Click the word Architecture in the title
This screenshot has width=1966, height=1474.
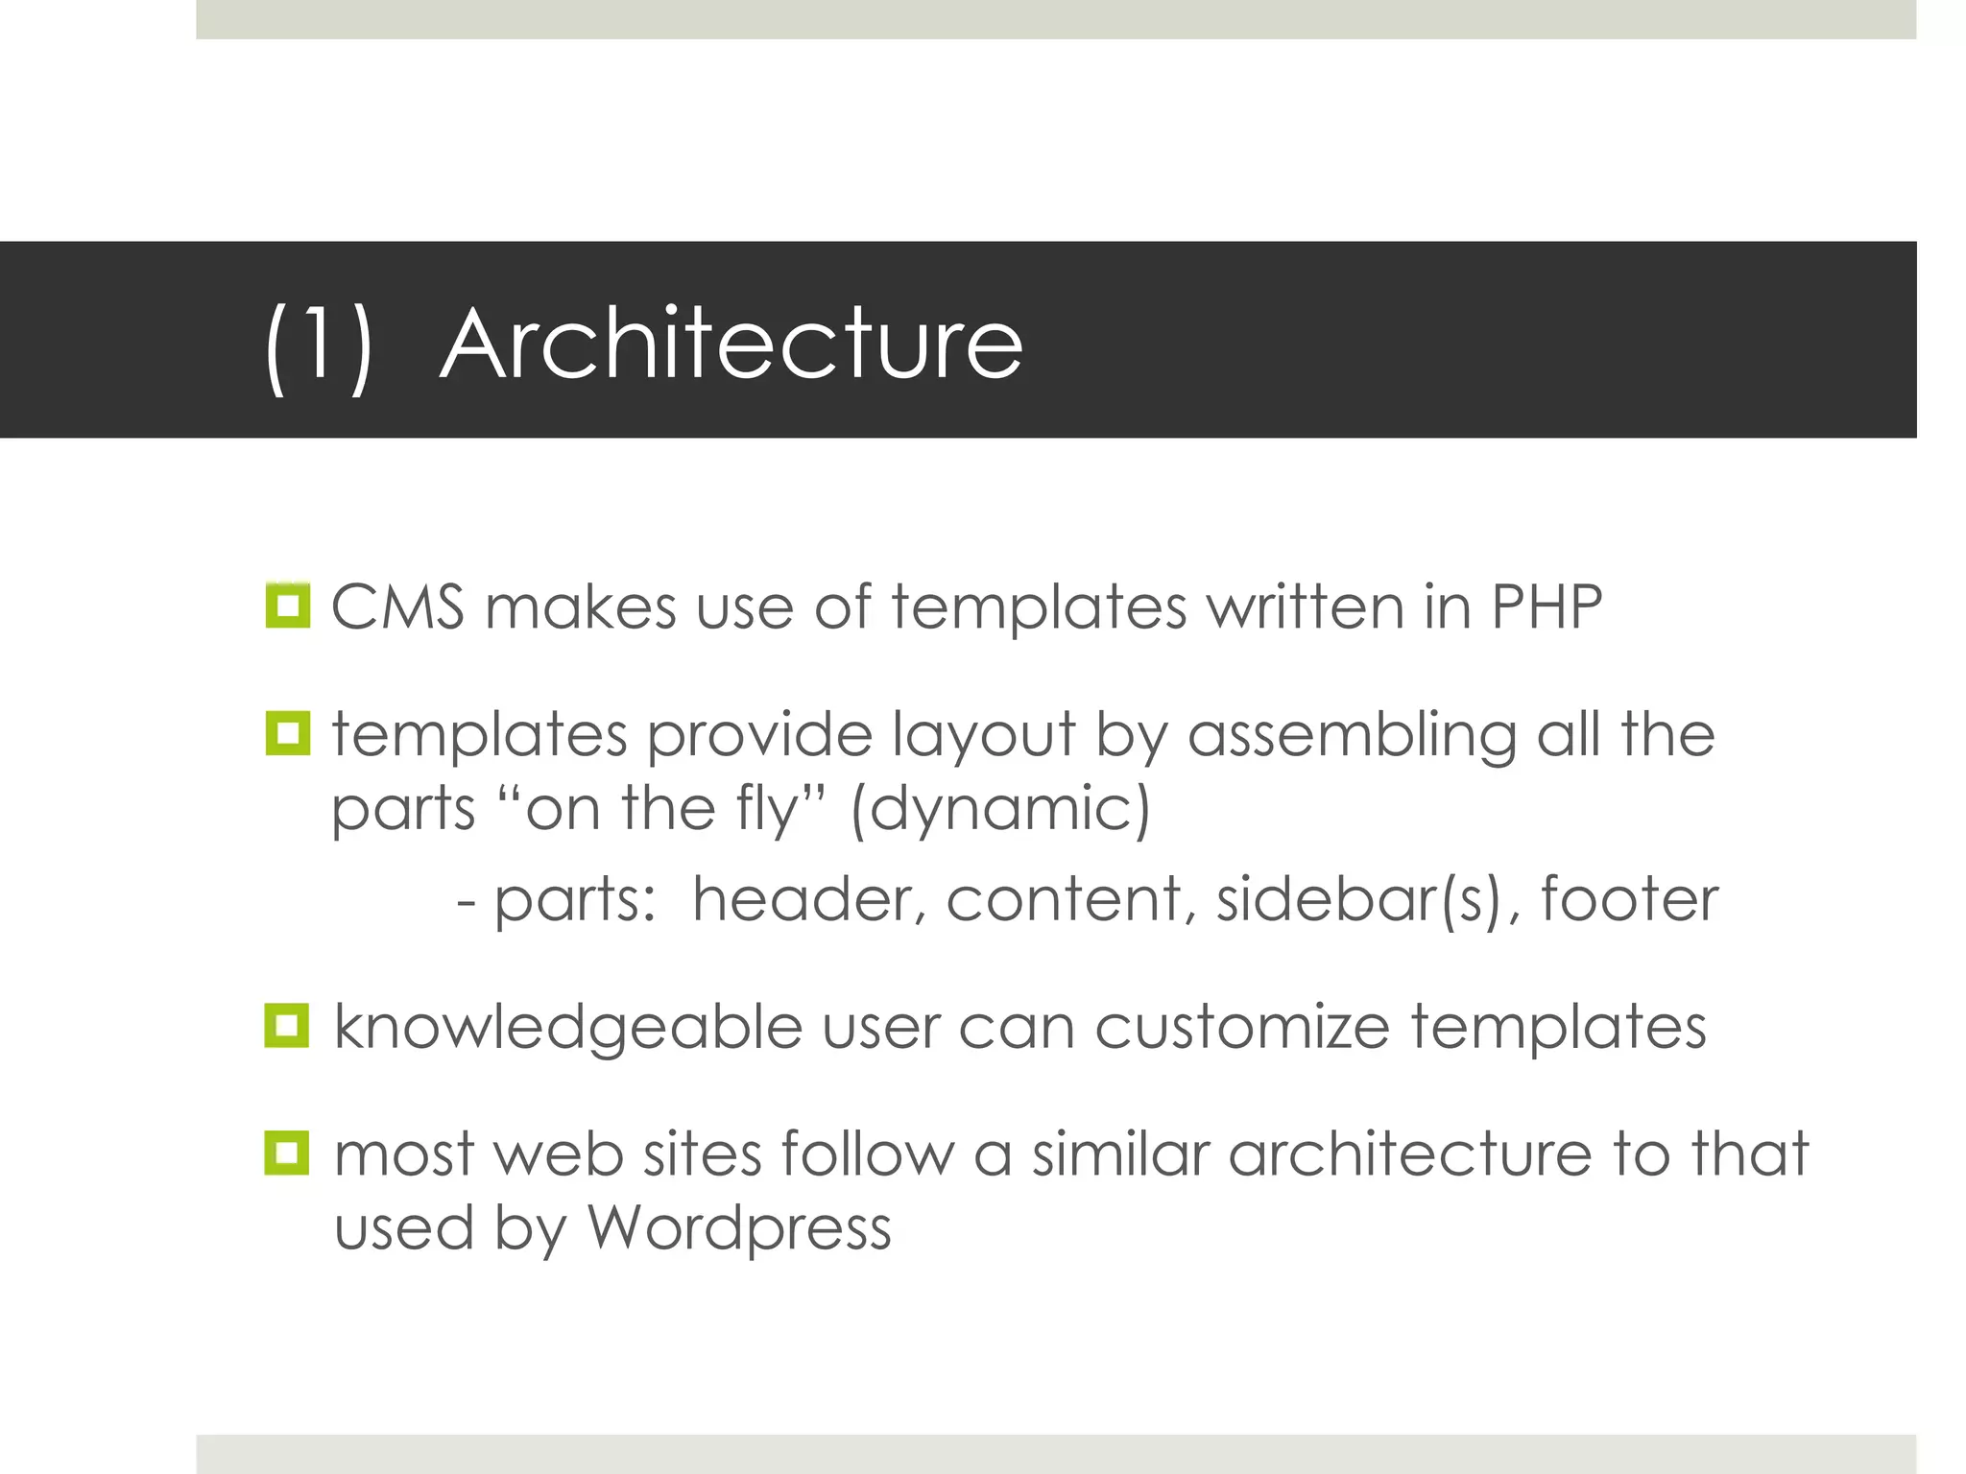pos(731,344)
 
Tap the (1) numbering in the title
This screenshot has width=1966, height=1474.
pos(318,345)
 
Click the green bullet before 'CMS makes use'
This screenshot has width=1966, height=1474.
pos(288,606)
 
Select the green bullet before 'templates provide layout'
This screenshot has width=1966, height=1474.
pos(288,733)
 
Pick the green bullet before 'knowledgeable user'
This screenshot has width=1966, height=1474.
pos(287,1026)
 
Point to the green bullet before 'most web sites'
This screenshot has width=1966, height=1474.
pos(287,1153)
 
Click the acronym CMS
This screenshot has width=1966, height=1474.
pos(397,606)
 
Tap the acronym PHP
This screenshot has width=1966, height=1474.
pos(1546,606)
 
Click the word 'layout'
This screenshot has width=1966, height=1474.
pos(984,735)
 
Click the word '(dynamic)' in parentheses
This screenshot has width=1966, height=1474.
pos(1000,808)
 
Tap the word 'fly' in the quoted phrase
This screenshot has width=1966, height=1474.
pos(767,809)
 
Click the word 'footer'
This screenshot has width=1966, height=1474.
pos(1629,899)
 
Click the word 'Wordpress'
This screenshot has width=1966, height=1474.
pos(739,1228)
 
